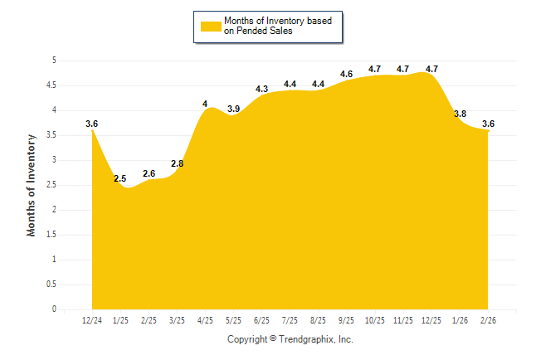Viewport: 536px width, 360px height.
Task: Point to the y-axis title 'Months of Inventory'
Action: pyautogui.click(x=32, y=185)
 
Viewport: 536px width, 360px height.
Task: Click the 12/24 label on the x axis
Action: pyautogui.click(x=92, y=320)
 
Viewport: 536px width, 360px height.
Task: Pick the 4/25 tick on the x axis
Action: pyautogui.click(x=205, y=320)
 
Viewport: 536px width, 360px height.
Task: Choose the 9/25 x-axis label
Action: pyautogui.click(x=347, y=320)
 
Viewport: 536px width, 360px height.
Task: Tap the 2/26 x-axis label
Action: pyautogui.click(x=488, y=320)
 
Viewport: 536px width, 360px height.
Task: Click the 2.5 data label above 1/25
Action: pyautogui.click(x=119, y=178)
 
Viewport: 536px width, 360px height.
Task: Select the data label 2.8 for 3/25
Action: pyautogui.click(x=177, y=164)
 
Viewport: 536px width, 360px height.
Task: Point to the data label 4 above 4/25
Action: pyautogui.click(x=205, y=104)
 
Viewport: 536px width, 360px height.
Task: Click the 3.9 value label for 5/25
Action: pyautogui.click(x=233, y=109)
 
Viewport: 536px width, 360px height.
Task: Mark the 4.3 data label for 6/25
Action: pyautogui.click(x=261, y=89)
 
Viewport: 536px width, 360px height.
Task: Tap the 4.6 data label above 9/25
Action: pyautogui.click(x=346, y=74)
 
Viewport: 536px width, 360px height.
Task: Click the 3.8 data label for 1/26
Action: pyautogui.click(x=460, y=114)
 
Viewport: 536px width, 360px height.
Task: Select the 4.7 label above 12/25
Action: pyautogui.click(x=431, y=69)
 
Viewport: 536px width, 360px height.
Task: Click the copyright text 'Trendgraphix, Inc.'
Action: pyautogui.click(x=315, y=339)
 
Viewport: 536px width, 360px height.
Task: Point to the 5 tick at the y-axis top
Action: pyautogui.click(x=54, y=61)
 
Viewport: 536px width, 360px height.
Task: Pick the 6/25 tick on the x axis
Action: pyautogui.click(x=261, y=320)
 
